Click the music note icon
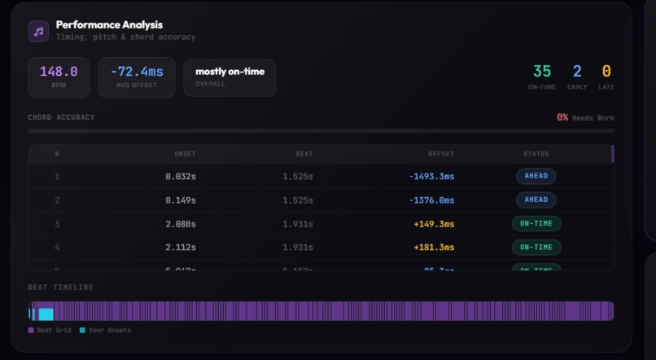[38, 31]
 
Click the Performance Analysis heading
[109, 25]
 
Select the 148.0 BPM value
[59, 72]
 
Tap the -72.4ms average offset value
[137, 72]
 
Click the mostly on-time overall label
[230, 72]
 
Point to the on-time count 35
[541, 72]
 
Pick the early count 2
[577, 72]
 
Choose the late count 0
[606, 72]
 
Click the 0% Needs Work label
[585, 117]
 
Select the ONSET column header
[185, 154]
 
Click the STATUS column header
[536, 154]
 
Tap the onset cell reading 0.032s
[180, 176]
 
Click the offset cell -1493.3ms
[431, 176]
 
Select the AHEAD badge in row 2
[536, 200]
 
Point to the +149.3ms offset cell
[434, 223]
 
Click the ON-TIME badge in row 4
[536, 247]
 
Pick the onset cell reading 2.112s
[180, 247]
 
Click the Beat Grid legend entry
[51, 330]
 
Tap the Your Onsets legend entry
[106, 330]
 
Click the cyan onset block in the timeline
[46, 311]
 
